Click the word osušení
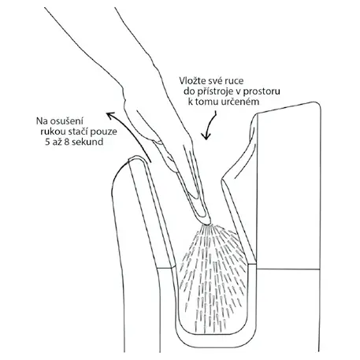(x=66, y=121)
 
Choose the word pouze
(x=105, y=132)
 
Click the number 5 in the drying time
(x=47, y=142)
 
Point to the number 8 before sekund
(x=67, y=142)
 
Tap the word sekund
(x=87, y=142)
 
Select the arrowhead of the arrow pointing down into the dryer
(x=206, y=136)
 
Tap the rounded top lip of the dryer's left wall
(x=136, y=157)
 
